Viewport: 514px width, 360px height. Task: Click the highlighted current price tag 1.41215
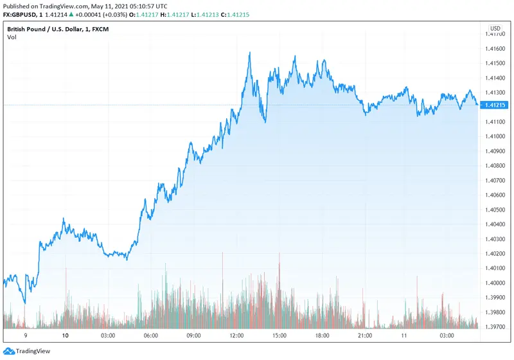(x=495, y=105)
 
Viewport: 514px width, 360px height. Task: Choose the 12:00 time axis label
(x=236, y=336)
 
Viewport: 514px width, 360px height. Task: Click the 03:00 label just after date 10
(x=107, y=336)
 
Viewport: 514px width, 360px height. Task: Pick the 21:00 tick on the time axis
(x=364, y=336)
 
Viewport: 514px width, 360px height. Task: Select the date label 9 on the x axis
(x=25, y=336)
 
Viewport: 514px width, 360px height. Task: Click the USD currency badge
(x=495, y=28)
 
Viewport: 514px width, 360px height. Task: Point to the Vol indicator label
(x=12, y=38)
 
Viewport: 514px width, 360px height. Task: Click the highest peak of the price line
(x=249, y=53)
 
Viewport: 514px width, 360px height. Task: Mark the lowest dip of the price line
(x=25, y=303)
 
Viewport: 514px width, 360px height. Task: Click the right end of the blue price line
(x=477, y=104)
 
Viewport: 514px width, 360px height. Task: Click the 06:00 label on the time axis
(x=150, y=336)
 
